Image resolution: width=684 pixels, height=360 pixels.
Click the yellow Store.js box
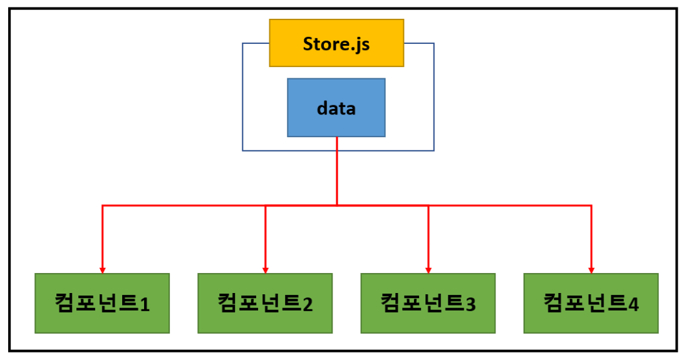(336, 43)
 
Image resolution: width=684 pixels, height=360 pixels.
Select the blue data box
(336, 107)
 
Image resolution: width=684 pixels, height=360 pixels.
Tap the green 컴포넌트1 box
(102, 303)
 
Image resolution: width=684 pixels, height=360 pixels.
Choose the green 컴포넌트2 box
(265, 303)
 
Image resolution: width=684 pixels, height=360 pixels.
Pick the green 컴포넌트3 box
(428, 303)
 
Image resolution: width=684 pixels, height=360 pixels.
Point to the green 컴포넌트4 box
(591, 303)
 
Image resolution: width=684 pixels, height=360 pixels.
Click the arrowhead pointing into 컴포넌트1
(103, 270)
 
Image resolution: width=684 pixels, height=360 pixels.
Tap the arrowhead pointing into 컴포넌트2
(266, 270)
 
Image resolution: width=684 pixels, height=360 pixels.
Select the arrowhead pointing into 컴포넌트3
(428, 270)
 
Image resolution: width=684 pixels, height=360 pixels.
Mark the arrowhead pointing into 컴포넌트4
(591, 270)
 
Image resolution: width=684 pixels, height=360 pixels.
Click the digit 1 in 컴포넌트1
(145, 304)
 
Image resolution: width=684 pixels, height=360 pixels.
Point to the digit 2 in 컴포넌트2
(308, 304)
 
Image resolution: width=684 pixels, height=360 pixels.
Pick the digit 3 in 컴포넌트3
(470, 304)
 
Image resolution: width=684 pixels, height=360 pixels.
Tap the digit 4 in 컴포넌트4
(633, 304)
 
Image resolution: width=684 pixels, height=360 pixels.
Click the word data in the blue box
(336, 108)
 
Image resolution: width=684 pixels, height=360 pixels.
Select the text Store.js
(336, 44)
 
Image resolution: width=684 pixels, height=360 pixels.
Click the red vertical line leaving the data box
(337, 170)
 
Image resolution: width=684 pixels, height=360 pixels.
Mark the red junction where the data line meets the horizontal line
(337, 205)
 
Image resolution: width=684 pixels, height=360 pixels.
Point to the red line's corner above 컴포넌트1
(103, 205)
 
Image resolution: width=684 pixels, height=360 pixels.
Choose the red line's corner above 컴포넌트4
(591, 205)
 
